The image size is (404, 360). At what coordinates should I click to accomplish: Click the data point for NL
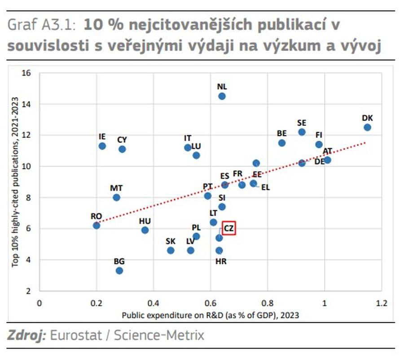[x=222, y=96]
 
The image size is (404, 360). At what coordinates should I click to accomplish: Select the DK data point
[x=367, y=127]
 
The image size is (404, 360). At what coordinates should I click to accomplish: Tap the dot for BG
[x=119, y=271]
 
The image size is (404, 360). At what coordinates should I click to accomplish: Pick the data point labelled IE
[x=102, y=146]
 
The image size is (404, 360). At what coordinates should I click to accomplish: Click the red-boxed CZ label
[x=229, y=229]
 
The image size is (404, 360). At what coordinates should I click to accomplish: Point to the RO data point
[x=97, y=225]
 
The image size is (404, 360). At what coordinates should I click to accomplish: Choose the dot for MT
[x=117, y=197]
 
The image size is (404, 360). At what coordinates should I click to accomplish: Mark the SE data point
[x=302, y=132]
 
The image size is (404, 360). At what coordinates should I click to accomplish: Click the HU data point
[x=145, y=230]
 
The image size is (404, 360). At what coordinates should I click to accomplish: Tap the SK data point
[x=171, y=250]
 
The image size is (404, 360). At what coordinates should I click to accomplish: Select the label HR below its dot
[x=221, y=261]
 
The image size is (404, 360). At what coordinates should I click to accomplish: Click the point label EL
[x=265, y=187]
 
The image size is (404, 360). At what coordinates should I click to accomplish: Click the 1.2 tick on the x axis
[x=382, y=303]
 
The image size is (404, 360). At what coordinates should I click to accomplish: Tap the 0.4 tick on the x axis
[x=154, y=303]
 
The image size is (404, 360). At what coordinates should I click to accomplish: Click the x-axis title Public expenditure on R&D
[x=211, y=315]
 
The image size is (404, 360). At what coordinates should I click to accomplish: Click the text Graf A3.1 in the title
[x=43, y=26]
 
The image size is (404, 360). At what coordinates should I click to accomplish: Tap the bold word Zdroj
[x=26, y=335]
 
